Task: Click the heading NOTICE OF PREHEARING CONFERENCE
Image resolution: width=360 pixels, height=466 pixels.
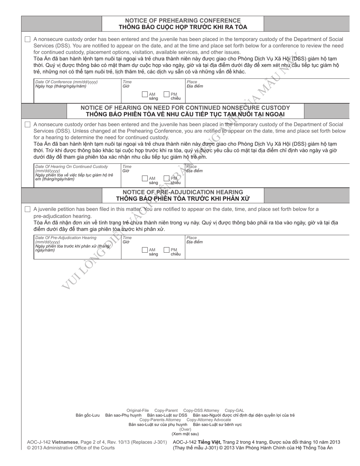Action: (x=183, y=20)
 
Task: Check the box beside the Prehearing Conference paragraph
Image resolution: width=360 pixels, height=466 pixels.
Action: (x=27, y=39)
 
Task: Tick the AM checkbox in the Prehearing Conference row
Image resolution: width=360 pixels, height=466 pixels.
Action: (x=145, y=94)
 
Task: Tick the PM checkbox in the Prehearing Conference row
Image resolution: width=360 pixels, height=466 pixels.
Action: (x=167, y=94)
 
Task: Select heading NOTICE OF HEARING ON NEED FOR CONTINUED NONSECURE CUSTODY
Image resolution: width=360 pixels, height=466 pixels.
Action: (x=185, y=108)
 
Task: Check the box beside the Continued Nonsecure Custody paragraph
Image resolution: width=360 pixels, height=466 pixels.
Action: (x=27, y=124)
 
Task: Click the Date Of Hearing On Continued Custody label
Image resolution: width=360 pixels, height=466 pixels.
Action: (x=71, y=167)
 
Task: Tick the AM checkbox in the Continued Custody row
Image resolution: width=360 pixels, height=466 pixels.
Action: (x=145, y=178)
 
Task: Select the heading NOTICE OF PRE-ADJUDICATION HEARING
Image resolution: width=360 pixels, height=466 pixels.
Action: (x=183, y=192)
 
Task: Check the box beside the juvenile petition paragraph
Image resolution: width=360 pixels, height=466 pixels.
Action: (x=27, y=209)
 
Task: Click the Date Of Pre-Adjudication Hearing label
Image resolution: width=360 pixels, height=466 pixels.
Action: (x=66, y=238)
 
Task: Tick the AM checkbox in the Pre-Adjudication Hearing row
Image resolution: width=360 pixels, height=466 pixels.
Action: (x=145, y=250)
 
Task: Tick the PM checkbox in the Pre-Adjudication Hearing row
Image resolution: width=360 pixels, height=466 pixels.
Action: (x=167, y=250)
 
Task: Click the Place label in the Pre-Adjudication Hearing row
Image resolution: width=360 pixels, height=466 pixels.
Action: (x=192, y=238)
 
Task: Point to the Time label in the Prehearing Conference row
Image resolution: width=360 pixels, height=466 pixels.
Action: (x=127, y=82)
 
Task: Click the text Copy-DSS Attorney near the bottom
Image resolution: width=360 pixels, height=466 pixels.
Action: (x=201, y=410)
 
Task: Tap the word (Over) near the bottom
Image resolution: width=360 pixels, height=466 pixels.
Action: (x=185, y=429)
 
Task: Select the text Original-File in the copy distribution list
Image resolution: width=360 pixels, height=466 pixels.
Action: (x=138, y=410)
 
